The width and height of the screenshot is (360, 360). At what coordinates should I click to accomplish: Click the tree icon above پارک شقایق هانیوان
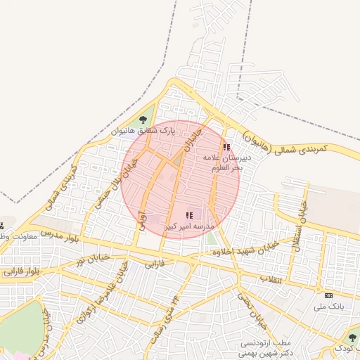[143, 120]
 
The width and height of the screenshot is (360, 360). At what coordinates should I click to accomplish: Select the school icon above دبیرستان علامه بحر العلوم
[226, 147]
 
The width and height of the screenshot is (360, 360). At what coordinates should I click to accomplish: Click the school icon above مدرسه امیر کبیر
[188, 214]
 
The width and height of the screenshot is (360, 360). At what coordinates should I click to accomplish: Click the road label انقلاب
[271, 280]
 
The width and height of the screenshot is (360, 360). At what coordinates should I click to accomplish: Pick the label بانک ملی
[328, 307]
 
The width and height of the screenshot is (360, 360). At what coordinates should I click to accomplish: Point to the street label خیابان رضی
[252, 311]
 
